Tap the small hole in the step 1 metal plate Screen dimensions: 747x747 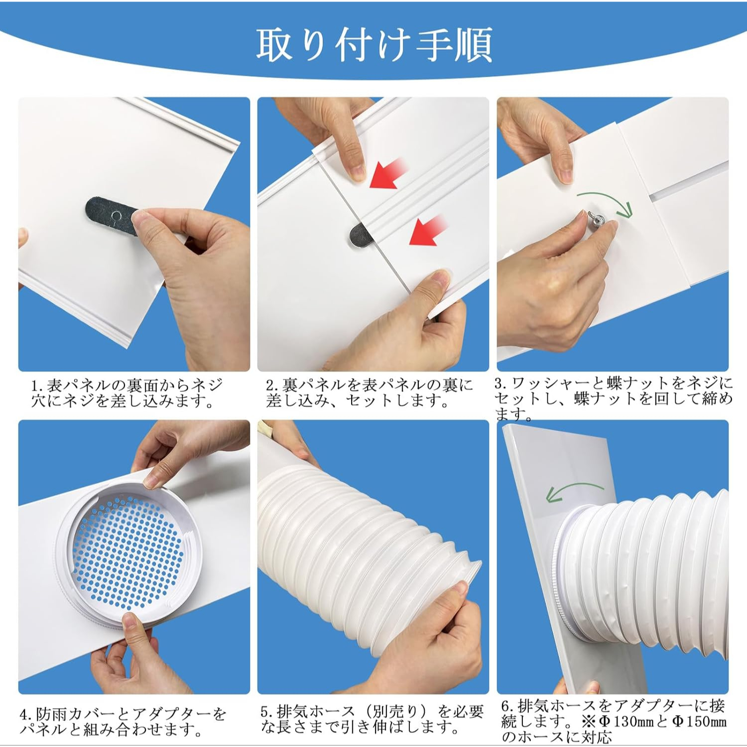click(x=116, y=216)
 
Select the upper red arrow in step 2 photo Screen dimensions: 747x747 click(x=389, y=173)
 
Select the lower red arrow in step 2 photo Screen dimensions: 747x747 click(x=428, y=230)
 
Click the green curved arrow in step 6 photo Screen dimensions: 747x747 click(x=573, y=491)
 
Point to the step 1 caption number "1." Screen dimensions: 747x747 click(x=36, y=385)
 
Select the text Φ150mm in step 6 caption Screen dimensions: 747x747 click(x=699, y=721)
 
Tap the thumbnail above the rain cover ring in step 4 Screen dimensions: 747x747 click(x=153, y=481)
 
